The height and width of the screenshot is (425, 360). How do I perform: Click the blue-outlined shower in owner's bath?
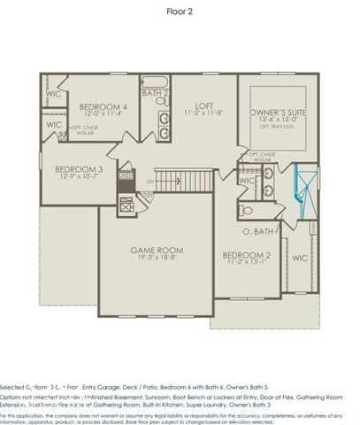(305, 193)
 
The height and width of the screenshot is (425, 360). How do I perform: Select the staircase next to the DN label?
(181, 182)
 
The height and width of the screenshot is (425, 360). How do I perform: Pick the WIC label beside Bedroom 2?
(299, 259)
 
